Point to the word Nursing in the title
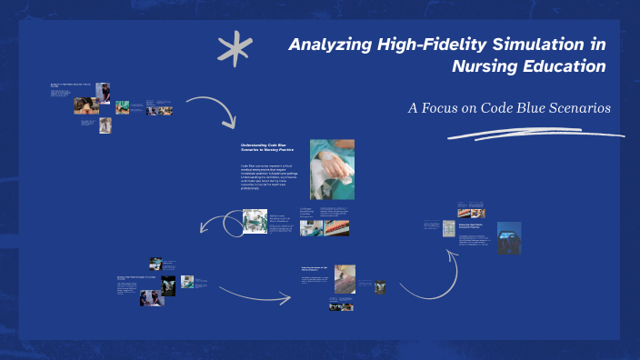pyautogui.click(x=482, y=67)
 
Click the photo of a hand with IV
pyautogui.click(x=332, y=168)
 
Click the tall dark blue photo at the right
pyautogui.click(x=509, y=236)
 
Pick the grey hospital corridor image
pyautogui.click(x=449, y=228)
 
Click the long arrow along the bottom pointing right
pyautogui.click(x=254, y=294)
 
